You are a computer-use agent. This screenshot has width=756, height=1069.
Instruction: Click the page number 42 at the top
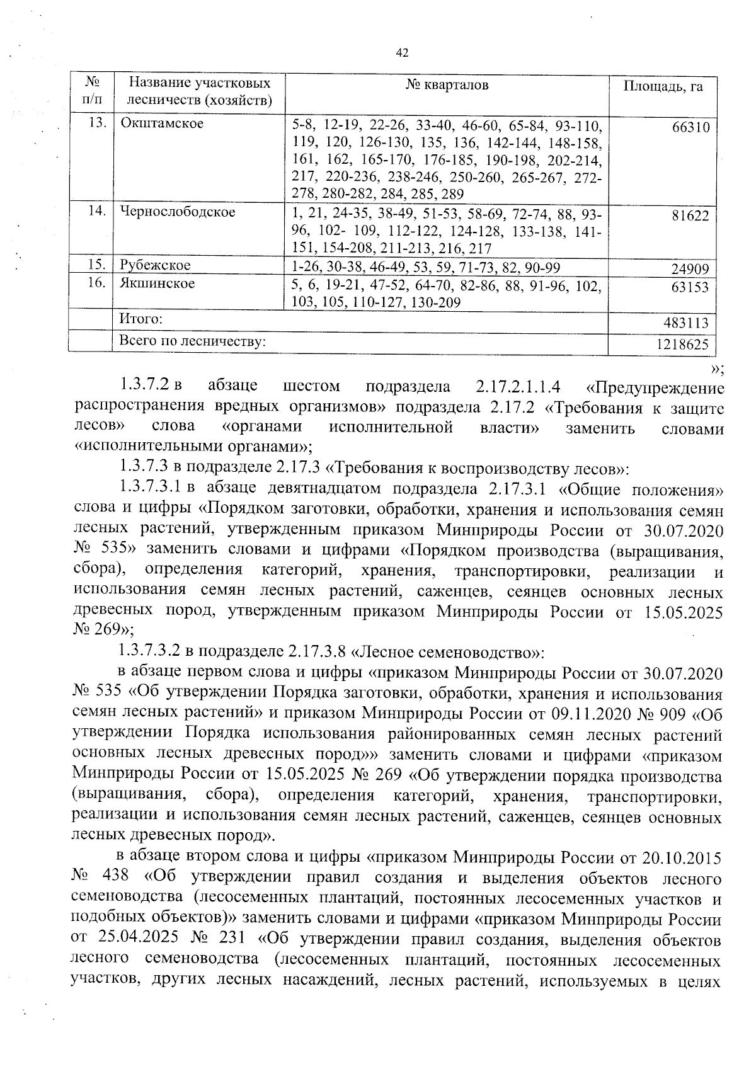tap(403, 53)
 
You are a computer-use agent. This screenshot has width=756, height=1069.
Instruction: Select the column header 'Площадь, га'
tap(663, 86)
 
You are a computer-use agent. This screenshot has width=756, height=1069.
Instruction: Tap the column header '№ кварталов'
tap(447, 85)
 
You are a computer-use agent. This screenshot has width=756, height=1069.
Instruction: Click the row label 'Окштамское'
tap(162, 123)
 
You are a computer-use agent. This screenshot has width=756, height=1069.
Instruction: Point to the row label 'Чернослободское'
tap(178, 212)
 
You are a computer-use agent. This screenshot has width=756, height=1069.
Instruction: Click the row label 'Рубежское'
tap(155, 265)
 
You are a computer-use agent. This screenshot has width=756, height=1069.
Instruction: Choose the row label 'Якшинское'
tap(157, 283)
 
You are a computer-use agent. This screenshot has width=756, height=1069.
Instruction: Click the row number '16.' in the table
tap(96, 283)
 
